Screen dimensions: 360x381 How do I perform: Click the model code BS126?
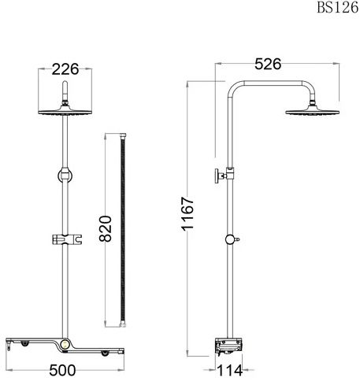[x=338, y=7]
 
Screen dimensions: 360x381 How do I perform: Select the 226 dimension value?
[x=65, y=69]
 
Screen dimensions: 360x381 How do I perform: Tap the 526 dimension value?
[x=268, y=64]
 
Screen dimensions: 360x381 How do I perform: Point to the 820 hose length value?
[x=106, y=228]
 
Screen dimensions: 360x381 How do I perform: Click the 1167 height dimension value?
[x=187, y=214]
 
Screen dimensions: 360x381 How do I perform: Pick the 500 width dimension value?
[x=62, y=370]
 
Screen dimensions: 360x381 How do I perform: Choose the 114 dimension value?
[x=230, y=371]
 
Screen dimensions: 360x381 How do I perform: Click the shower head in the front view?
[x=65, y=112]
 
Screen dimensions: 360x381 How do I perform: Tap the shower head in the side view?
[x=313, y=112]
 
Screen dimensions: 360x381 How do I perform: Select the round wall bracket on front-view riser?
[x=65, y=176]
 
